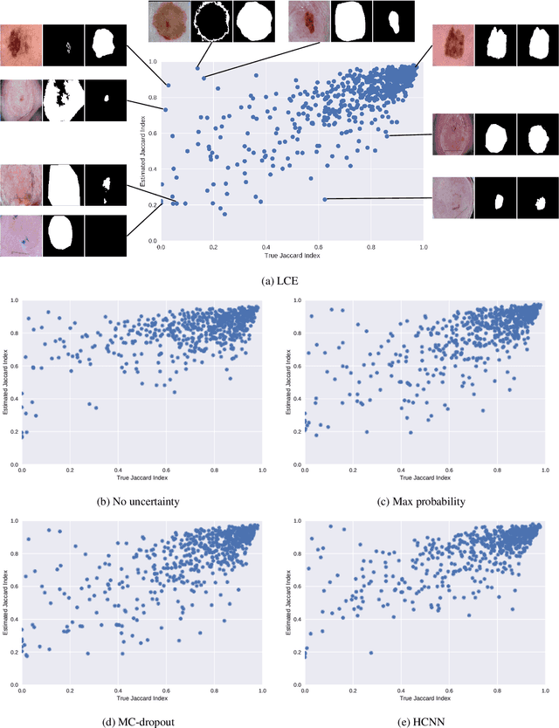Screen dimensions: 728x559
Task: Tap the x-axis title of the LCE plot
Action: point(293,255)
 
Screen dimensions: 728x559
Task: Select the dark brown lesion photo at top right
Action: point(453,43)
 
